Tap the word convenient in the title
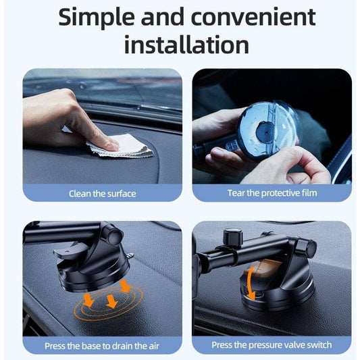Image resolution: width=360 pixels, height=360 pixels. click(x=253, y=17)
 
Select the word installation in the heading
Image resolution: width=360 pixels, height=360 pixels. click(x=186, y=44)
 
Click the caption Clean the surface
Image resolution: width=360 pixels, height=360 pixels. click(x=103, y=194)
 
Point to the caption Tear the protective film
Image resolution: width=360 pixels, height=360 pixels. click(x=272, y=193)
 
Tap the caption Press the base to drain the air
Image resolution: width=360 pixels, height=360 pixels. click(x=102, y=346)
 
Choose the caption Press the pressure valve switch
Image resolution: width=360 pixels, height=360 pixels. click(x=272, y=345)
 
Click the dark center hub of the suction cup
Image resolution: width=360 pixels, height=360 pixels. click(x=266, y=132)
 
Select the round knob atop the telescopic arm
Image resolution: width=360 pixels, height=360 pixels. click(x=233, y=236)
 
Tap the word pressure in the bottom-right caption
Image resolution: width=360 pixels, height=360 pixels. click(x=265, y=345)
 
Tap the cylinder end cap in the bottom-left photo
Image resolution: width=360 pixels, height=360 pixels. click(x=115, y=236)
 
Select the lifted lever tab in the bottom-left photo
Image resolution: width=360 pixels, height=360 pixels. click(x=69, y=252)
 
